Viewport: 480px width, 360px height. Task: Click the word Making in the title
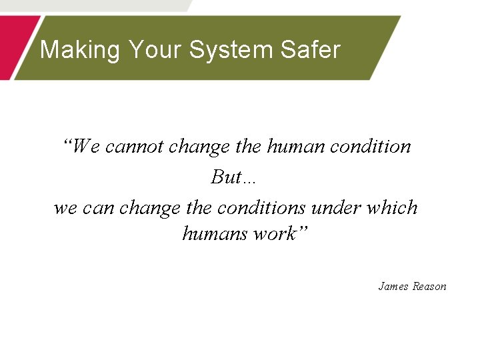click(x=80, y=50)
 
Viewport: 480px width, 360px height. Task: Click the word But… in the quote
click(x=234, y=177)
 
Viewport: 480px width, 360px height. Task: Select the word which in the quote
click(x=393, y=207)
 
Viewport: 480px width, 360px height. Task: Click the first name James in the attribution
click(x=393, y=286)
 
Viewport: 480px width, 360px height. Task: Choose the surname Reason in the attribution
click(x=429, y=286)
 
